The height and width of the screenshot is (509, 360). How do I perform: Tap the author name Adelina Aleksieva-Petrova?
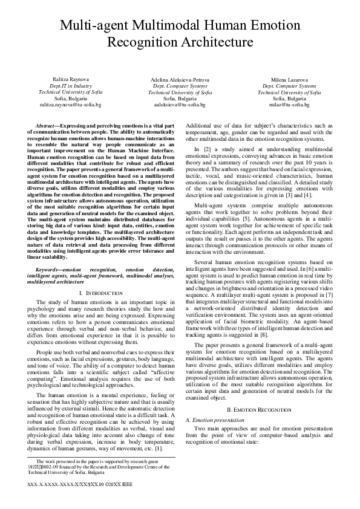click(x=180, y=80)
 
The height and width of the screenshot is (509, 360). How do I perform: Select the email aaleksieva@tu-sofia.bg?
click(x=180, y=105)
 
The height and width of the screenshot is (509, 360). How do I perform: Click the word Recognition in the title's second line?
click(x=140, y=42)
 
